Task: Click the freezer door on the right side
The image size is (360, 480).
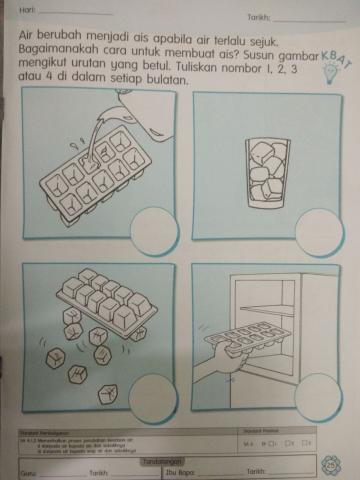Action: pyautogui.click(x=320, y=320)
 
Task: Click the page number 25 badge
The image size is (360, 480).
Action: pyautogui.click(x=331, y=462)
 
